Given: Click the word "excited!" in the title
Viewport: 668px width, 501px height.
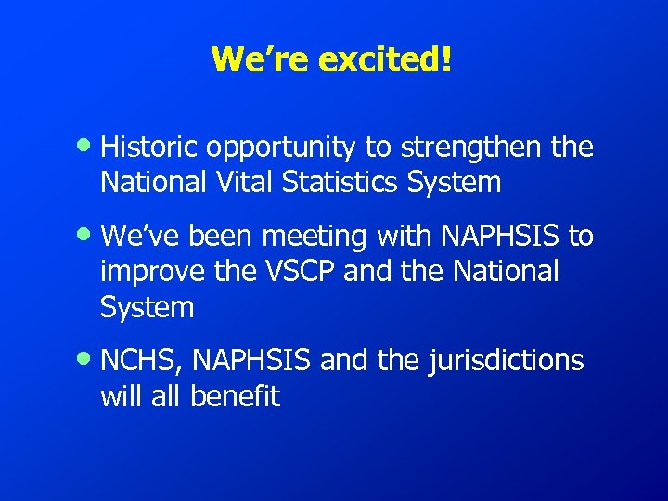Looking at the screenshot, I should pos(386,58).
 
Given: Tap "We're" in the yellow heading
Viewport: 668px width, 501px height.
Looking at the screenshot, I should pos(261,58).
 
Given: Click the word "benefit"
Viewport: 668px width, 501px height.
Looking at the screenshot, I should pos(234,396).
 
